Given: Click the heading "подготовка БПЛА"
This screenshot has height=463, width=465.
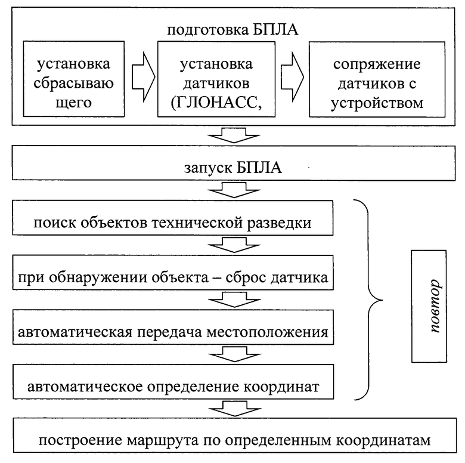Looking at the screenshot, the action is coord(232,30).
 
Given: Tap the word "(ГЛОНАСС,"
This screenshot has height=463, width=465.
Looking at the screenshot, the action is coord(216,103).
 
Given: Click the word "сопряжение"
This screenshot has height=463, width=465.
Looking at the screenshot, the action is coord(377,64).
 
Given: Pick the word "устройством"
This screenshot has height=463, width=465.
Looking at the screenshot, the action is coord(377,104).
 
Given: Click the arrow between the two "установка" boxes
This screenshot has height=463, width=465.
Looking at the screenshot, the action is coord(143,77).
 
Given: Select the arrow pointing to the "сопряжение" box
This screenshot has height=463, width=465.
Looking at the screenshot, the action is coord(292,77).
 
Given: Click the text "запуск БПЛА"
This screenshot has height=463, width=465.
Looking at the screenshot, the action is coord(232,168).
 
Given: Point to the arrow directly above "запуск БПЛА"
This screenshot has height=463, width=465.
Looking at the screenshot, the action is coord(234,135).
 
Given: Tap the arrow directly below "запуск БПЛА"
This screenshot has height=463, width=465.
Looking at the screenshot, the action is coord(234,190).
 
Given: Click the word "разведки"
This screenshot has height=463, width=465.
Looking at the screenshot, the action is coord(279,223).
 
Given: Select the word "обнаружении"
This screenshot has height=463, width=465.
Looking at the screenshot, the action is coord(99,278).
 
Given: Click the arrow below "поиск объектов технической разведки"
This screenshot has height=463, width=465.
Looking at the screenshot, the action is coord(234,245).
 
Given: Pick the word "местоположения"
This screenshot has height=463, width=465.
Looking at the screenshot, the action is coord(267,332).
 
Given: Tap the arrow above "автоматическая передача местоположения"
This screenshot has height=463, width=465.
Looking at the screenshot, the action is coord(234,299).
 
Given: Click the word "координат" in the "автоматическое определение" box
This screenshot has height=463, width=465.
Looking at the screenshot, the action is coord(281,387).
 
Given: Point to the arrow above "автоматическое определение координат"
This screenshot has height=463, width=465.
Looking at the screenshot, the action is coord(235,354).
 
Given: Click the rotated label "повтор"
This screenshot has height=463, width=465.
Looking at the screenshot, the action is coord(435,306).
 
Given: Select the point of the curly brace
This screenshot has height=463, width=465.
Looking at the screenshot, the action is coord(383,300).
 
